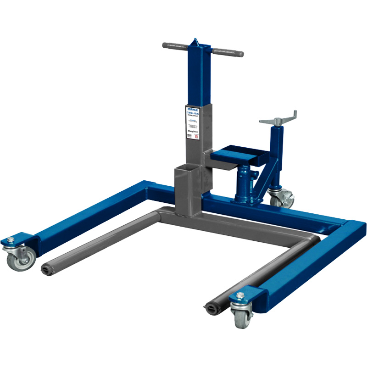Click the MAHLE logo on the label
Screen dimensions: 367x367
(x=193, y=110)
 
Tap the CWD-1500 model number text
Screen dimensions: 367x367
(x=193, y=115)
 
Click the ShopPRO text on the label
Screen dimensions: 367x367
(x=192, y=131)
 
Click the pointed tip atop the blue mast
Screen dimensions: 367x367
(x=196, y=41)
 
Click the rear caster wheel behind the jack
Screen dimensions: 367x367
(x=281, y=198)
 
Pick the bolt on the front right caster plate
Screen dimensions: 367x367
(x=239, y=296)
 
